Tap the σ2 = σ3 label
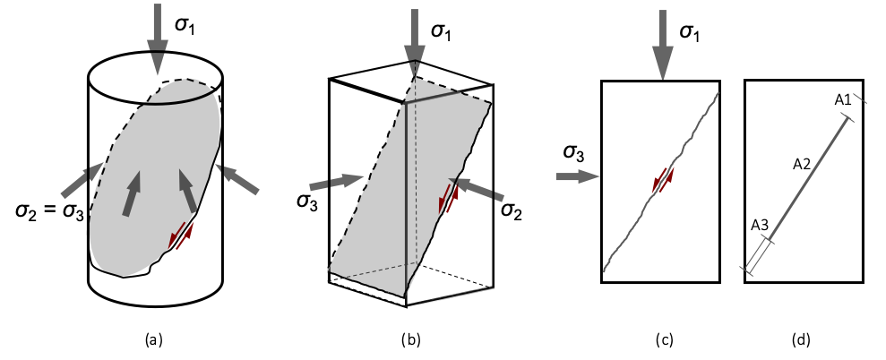[x=51, y=211]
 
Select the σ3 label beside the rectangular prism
[x=307, y=201]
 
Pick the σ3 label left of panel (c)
[x=573, y=154]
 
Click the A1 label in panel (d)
[x=842, y=100]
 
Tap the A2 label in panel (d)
[x=802, y=164]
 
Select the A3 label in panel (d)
[x=760, y=225]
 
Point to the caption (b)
[x=410, y=339]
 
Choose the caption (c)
[x=663, y=339]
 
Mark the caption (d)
[x=802, y=339]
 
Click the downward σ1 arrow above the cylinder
[x=157, y=39]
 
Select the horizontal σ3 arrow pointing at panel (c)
[x=577, y=177]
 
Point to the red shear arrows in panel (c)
[x=663, y=179]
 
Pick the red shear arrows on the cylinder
[x=181, y=236]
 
